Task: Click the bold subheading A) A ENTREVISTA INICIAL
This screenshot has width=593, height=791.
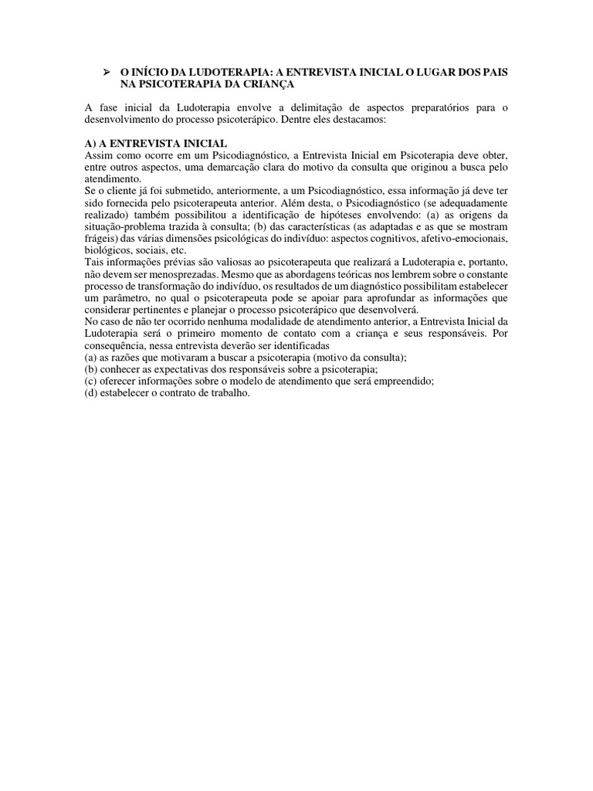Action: click(156, 144)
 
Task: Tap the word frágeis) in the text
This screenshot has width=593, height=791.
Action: click(103, 239)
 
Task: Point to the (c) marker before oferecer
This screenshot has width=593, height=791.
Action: click(91, 381)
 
